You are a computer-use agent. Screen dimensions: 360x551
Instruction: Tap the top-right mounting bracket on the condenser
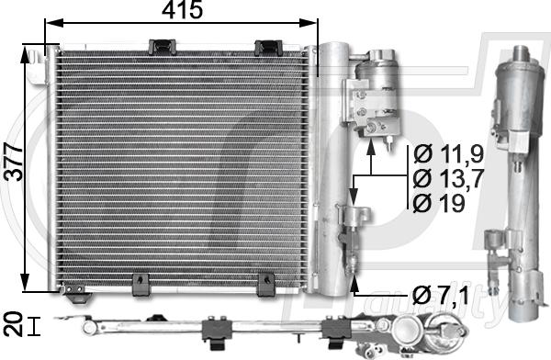pyautogui.click(x=268, y=45)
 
